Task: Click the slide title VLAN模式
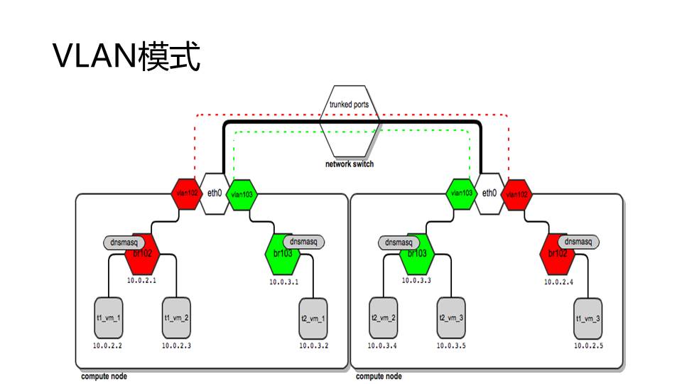(x=127, y=57)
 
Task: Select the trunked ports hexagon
(x=349, y=121)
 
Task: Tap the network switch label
(x=349, y=164)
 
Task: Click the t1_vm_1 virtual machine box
(x=108, y=318)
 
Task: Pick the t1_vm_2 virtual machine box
(x=176, y=318)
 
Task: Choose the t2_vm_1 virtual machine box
(x=313, y=318)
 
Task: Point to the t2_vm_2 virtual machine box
(x=383, y=318)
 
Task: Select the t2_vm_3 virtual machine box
(x=451, y=318)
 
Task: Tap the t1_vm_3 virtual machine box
(x=588, y=318)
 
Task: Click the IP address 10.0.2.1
(x=141, y=281)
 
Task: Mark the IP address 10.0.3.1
(x=283, y=282)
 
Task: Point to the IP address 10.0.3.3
(x=417, y=281)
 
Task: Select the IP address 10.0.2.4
(x=559, y=282)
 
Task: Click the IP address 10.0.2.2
(x=108, y=346)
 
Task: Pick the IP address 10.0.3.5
(x=451, y=346)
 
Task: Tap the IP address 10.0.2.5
(x=589, y=346)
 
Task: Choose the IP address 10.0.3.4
(x=383, y=346)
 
